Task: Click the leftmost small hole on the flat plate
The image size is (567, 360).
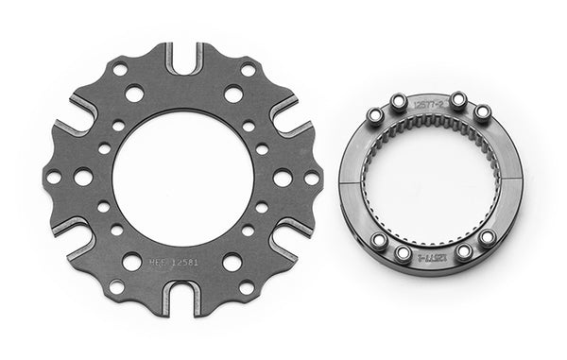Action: click(54, 177)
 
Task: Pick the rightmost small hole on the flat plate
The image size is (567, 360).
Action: click(311, 178)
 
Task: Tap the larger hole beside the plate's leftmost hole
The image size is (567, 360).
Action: click(83, 177)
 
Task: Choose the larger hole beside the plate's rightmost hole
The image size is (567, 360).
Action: click(282, 178)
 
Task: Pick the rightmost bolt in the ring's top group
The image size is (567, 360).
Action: click(481, 112)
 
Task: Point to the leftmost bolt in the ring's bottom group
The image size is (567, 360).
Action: click(377, 241)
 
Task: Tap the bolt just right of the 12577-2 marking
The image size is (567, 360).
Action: click(458, 100)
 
